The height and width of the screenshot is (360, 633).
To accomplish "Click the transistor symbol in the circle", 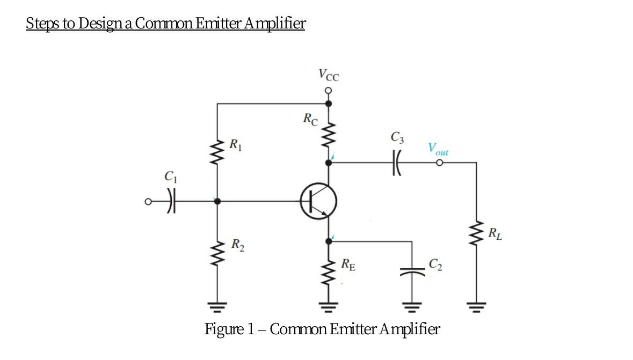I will click(x=318, y=202).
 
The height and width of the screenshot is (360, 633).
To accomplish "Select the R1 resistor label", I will click(x=235, y=144).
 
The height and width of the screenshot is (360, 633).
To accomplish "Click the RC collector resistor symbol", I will click(x=329, y=135).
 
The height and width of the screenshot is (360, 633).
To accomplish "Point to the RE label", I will click(x=348, y=264).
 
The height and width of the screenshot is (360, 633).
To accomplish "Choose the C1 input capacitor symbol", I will click(x=171, y=202).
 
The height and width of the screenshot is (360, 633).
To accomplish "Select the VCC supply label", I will click(x=329, y=74).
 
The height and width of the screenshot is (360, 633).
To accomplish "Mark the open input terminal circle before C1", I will click(x=148, y=202).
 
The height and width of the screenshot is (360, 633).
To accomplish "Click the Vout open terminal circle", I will click(x=439, y=163).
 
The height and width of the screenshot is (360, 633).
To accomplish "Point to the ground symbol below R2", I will click(x=217, y=307).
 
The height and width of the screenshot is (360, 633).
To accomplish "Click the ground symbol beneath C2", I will click(x=412, y=307).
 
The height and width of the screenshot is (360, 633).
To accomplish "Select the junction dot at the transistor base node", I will click(x=217, y=202).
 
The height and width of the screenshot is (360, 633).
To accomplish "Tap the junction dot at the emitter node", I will click(x=329, y=241).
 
